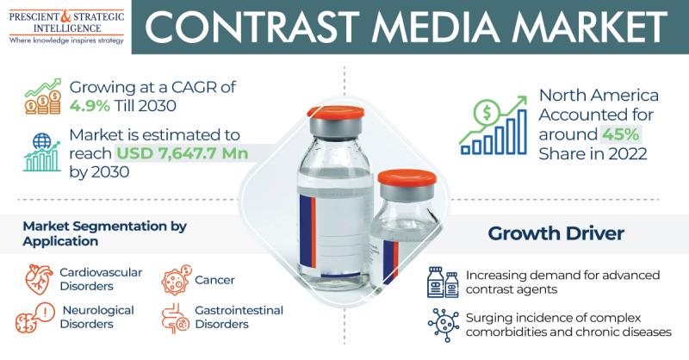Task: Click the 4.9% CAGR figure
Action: [90, 106]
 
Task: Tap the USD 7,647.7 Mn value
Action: [183, 153]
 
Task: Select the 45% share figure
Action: [620, 134]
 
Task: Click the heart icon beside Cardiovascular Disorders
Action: [40, 279]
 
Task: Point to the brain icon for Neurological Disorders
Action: [35, 317]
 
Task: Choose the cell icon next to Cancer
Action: [177, 280]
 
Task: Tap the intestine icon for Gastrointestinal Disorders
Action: [176, 318]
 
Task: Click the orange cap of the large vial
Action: [336, 112]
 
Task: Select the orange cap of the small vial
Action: [407, 177]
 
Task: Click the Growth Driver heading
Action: [556, 233]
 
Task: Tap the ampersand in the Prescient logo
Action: [65, 16]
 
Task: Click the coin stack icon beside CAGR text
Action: [43, 96]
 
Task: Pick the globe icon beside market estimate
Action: [41, 141]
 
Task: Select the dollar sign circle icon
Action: [486, 113]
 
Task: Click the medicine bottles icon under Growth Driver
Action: [443, 282]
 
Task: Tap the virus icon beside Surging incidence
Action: [443, 326]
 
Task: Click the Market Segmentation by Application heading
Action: [104, 234]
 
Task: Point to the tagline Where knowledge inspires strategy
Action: [67, 40]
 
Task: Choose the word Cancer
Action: [214, 280]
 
